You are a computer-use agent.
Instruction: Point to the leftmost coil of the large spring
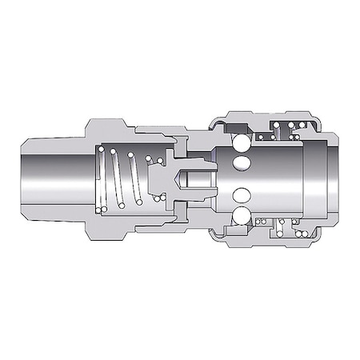coord(102,180)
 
